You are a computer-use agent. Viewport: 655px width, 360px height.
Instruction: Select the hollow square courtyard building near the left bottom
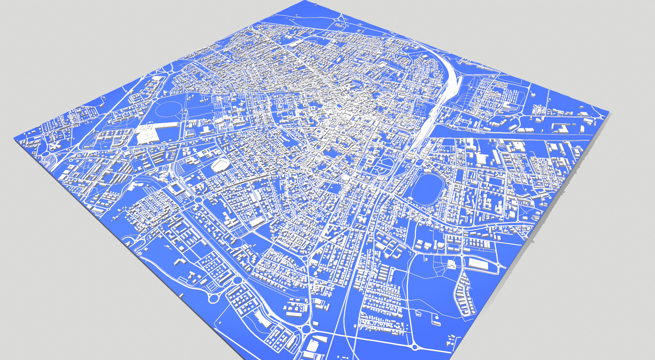click(x=177, y=188)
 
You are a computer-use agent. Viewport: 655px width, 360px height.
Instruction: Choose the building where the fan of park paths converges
click(x=452, y=264)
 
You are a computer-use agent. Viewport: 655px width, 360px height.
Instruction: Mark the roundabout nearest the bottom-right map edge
click(x=415, y=347)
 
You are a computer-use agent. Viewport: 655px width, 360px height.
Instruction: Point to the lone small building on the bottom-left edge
click(x=181, y=295)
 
